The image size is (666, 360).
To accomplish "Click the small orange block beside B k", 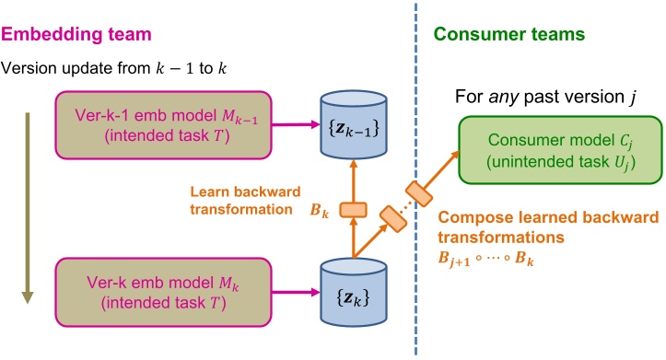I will [x=354, y=210].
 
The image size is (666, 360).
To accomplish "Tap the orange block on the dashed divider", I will [x=421, y=192].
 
